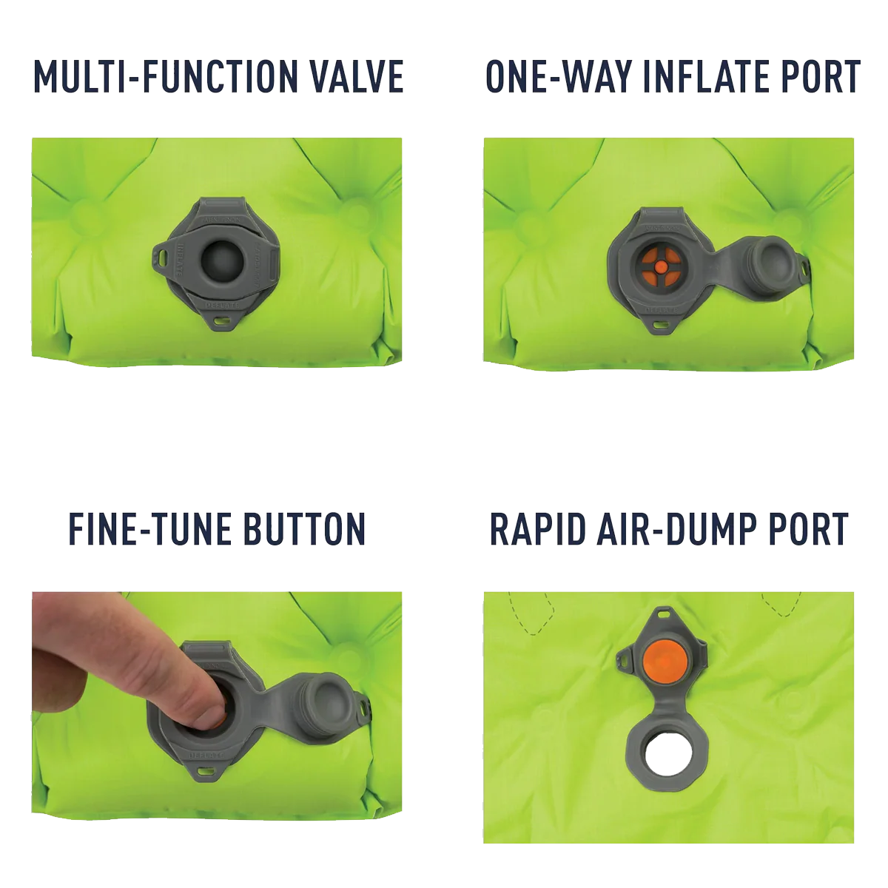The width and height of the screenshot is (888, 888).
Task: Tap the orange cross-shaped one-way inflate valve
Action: click(659, 266)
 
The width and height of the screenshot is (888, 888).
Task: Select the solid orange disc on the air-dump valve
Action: click(662, 659)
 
